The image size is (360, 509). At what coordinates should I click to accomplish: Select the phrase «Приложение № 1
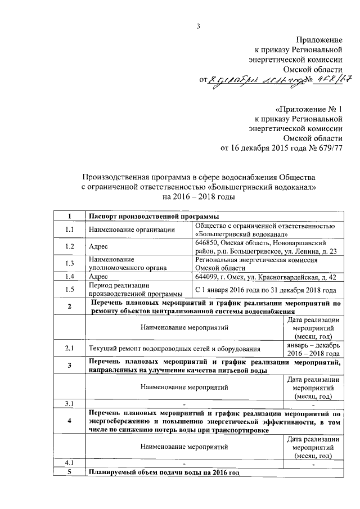308,107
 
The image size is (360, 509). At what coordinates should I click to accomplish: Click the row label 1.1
70,229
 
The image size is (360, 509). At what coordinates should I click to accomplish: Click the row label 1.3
70,263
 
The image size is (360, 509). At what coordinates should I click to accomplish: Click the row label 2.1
70,349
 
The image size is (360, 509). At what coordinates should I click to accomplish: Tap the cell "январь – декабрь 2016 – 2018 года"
313,349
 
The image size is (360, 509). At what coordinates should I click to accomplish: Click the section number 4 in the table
70,421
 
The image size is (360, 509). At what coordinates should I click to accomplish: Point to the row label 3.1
70,403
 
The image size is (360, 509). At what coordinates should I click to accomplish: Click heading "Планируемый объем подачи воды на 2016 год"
164,472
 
